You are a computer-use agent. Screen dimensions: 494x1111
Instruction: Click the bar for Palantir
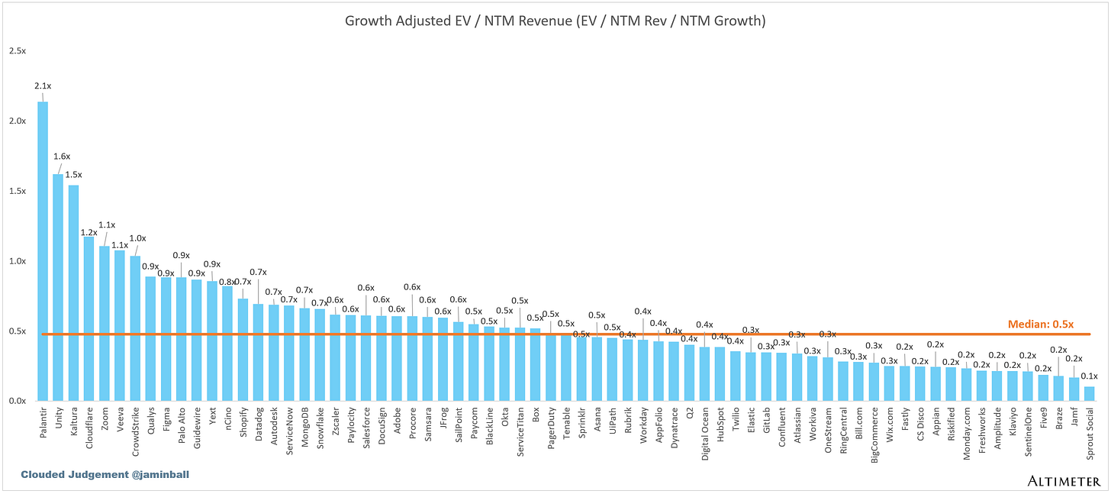tap(43, 252)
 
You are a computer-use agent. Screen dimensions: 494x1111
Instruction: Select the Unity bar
tap(58, 287)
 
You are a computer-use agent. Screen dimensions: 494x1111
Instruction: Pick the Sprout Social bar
tap(1089, 394)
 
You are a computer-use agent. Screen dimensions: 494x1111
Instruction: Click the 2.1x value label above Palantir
tap(43, 87)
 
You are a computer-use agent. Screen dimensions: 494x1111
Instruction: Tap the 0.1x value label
tap(1089, 376)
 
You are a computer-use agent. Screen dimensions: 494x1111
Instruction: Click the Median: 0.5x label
tap(1040, 324)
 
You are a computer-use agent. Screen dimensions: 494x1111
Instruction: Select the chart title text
tap(555, 21)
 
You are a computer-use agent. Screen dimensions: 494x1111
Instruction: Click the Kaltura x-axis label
tap(74, 422)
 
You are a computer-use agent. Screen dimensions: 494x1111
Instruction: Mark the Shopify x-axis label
tap(243, 422)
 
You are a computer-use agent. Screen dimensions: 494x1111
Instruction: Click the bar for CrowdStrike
tap(135, 328)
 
